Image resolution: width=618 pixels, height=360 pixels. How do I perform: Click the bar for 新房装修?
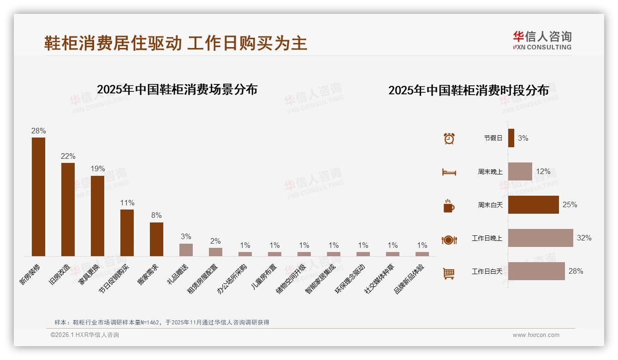38,197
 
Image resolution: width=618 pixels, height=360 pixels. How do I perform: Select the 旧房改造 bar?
68,209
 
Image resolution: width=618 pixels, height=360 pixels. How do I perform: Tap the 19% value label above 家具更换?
98,169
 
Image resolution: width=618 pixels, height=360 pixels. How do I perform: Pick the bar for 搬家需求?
156,239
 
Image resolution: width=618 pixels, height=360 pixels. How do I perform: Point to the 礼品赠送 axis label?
178,274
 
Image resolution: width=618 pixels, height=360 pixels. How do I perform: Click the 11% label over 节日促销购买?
127,203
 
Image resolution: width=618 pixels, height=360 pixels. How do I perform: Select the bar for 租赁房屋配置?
215,252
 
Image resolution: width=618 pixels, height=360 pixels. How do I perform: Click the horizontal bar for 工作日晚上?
541,238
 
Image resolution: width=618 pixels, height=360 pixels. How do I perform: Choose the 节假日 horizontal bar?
511,138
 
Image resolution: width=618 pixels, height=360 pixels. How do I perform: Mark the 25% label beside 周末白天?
570,205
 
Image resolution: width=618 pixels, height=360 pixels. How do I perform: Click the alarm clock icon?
449,138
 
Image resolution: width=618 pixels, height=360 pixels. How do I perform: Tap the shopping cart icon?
449,273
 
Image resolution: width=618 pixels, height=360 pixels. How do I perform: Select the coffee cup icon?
449,206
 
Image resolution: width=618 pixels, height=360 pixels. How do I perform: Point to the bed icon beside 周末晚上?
449,172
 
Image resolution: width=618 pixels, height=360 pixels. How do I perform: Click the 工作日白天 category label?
487,271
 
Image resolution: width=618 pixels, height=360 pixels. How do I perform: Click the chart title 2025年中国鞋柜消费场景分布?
177,90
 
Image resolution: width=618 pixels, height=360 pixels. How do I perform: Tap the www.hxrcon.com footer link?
536,335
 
